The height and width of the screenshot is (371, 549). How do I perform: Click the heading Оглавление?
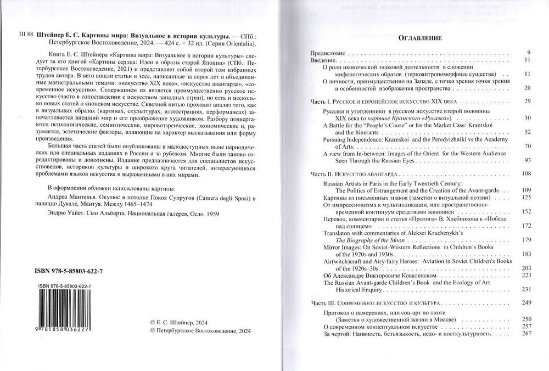click(419, 38)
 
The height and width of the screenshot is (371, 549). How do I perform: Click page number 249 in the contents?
click(526, 303)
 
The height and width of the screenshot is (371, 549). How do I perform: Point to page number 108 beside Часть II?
click(526, 173)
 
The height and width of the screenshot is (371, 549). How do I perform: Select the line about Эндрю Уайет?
click(126, 215)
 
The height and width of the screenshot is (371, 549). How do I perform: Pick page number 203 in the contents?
click(526, 268)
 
